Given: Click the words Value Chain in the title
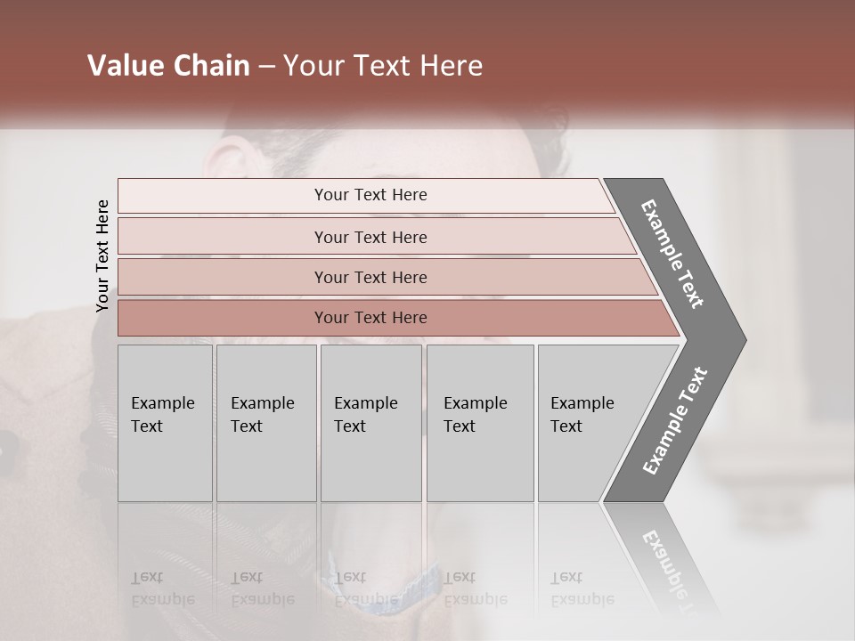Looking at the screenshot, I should click(168, 66).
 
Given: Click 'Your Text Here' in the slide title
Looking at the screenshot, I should click(383, 66).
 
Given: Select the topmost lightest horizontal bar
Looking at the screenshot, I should click(223, 196).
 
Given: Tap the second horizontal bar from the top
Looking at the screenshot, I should click(223, 237).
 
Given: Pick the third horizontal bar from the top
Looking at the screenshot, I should click(223, 277).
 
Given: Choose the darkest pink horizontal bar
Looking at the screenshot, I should click(223, 318).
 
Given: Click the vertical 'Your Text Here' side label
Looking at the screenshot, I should click(103, 256).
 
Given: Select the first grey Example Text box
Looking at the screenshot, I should click(165, 423).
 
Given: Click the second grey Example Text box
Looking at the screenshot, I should click(265, 423).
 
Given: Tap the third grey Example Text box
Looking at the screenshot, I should click(370, 423).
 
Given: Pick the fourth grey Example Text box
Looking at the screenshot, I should click(479, 423).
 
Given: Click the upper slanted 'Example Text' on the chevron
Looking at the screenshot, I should click(672, 254).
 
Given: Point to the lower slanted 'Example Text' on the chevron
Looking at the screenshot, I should click(675, 420).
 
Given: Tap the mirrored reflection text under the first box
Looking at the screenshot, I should click(162, 588).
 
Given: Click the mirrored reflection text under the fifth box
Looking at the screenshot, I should click(582, 588).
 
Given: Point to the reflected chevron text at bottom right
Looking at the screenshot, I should click(668, 565).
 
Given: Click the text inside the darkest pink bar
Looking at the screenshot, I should click(370, 318).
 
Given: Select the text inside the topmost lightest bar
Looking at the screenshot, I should click(370, 195).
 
